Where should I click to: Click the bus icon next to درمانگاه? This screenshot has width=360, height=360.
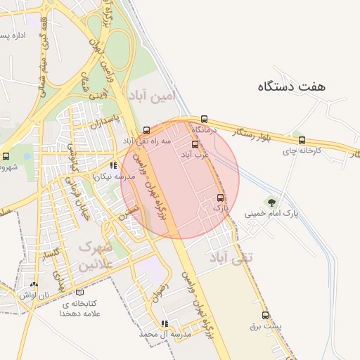(x=205, y=119)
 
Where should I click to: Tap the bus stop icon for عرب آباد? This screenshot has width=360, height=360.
(x=195, y=143)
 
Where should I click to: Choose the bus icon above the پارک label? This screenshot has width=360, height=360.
(x=221, y=198)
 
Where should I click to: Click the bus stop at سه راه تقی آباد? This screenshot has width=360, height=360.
(x=146, y=130)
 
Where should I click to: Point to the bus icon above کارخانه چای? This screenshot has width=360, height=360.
(x=302, y=140)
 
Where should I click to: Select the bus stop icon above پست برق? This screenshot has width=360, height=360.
(x=265, y=315)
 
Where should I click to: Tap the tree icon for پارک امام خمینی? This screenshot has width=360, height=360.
(x=271, y=202)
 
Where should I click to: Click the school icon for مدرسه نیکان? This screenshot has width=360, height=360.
(x=113, y=167)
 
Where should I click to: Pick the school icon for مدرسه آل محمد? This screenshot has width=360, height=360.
(x=165, y=324)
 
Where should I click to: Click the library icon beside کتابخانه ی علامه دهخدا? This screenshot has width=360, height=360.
(x=79, y=292)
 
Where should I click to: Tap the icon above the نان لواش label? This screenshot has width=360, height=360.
(x=34, y=285)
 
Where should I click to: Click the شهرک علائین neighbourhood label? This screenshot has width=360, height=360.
(x=95, y=256)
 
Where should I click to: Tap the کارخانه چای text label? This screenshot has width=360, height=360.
(x=302, y=151)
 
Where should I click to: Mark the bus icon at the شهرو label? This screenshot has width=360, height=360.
(x=6, y=156)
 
